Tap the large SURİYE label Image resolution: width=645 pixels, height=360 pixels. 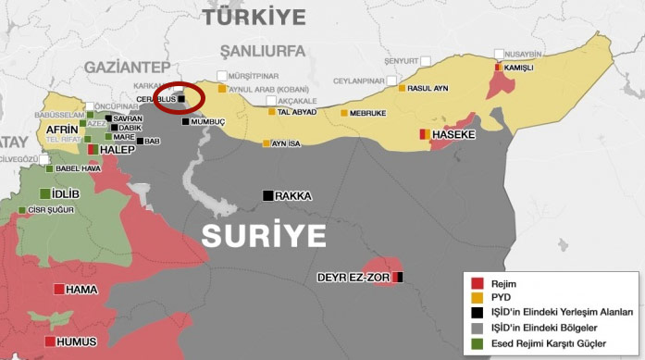pos(265,235)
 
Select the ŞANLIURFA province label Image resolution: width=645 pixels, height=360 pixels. pos(262,50)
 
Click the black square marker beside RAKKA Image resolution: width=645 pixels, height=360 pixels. pos(267,195)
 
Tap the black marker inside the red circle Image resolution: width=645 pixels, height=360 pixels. pos(182,98)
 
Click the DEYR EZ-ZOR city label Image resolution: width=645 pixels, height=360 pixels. pos(354,277)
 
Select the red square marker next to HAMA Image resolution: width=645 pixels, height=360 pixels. pos(59,290)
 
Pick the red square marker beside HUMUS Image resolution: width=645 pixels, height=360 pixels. pos(48,341)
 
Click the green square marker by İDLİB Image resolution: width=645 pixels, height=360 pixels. pos(45,192)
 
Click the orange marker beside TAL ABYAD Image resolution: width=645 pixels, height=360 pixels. pos(272,112)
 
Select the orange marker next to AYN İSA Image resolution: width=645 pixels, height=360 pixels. pos(267,143)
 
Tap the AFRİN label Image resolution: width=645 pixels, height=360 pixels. pos(62,129)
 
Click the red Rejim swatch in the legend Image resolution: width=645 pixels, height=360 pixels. pos(478,283)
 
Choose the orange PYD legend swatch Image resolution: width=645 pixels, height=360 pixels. pos(478,298)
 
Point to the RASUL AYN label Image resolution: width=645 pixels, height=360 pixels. pos(429,88)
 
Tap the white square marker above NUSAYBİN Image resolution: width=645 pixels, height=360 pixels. pos(500,55)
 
